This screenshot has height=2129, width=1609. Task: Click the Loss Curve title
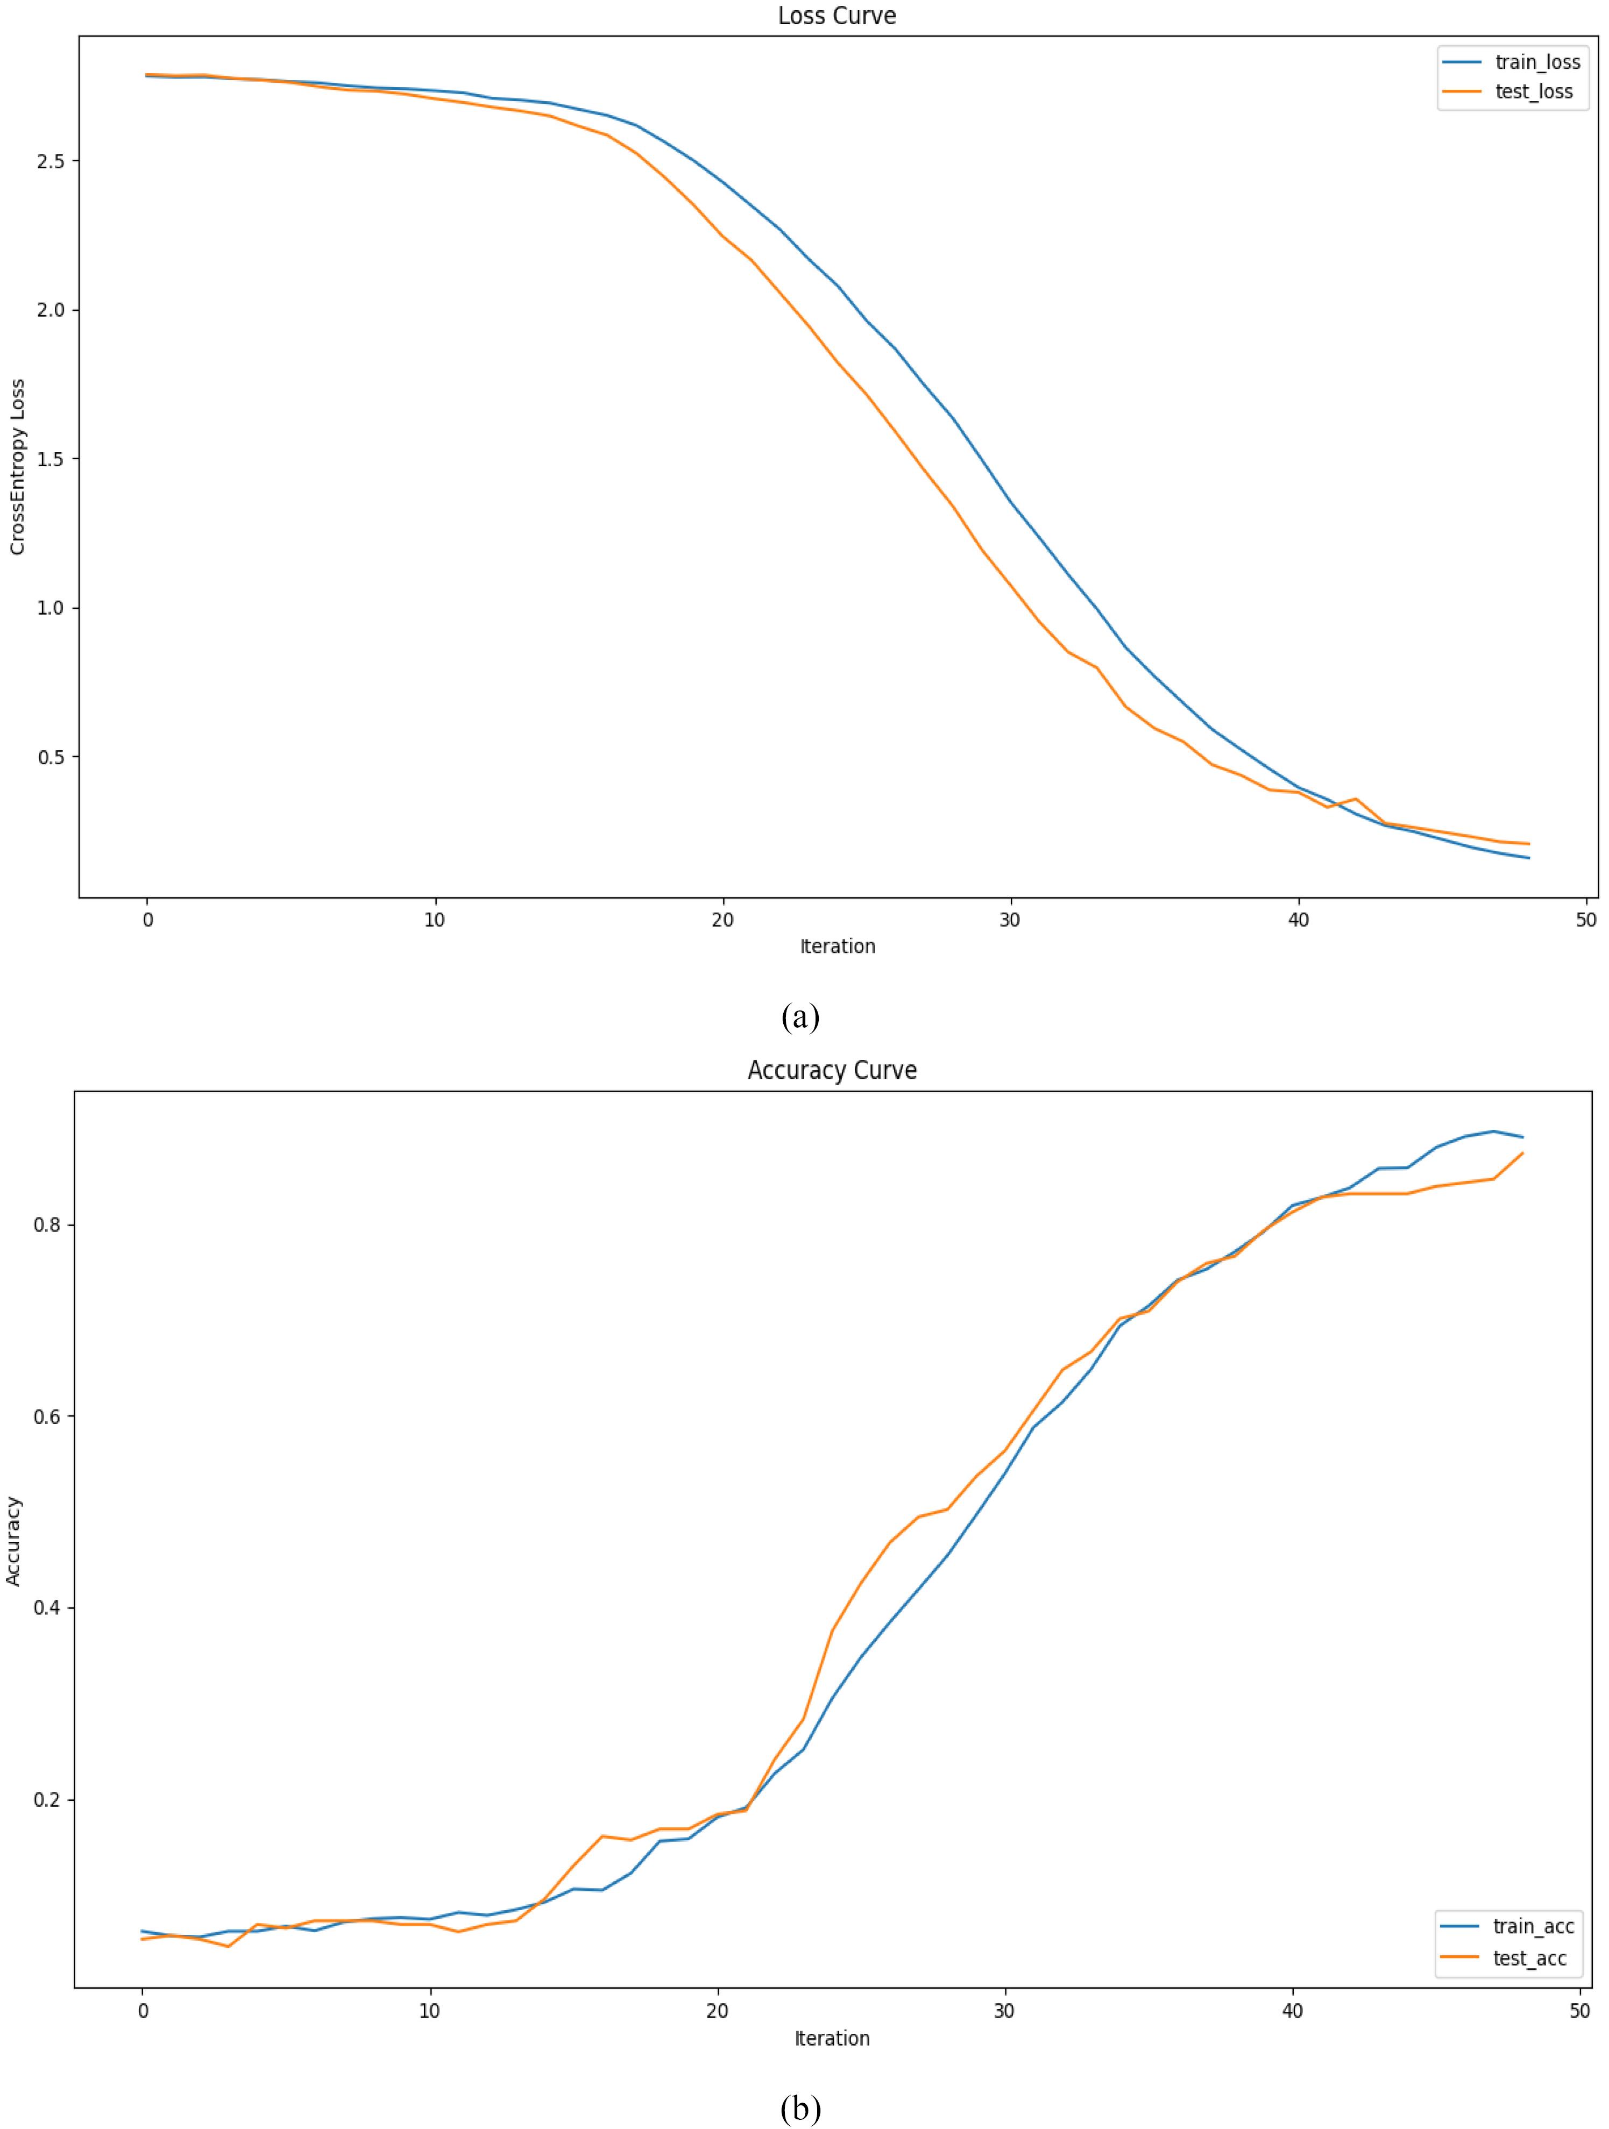(837, 16)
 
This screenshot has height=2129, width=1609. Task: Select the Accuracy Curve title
(832, 1070)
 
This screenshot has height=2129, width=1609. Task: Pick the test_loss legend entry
(1508, 91)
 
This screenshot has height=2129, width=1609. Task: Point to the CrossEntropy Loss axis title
(17, 467)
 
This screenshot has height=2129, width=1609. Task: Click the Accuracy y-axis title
(13, 1541)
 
